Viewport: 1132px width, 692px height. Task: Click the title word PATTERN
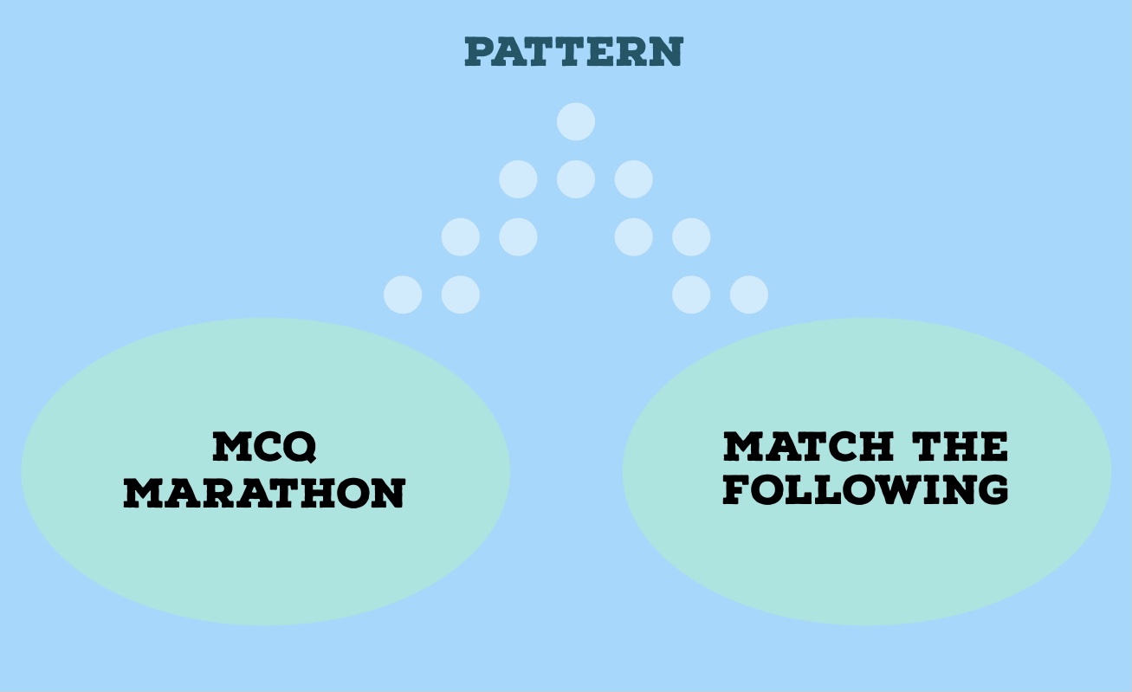[x=574, y=52]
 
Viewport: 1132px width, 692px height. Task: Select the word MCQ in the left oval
[x=264, y=447]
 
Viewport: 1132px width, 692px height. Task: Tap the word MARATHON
[x=264, y=493]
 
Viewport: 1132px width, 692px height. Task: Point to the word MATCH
[x=808, y=447]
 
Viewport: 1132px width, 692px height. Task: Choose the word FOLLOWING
[x=865, y=489]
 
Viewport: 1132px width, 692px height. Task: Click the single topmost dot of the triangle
[x=576, y=121]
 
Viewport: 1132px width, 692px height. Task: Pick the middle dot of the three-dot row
[x=576, y=179]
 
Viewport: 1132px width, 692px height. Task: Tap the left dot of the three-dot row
[x=518, y=179]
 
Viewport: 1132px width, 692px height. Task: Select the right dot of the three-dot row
[x=633, y=179]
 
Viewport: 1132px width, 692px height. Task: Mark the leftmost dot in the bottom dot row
[x=403, y=294]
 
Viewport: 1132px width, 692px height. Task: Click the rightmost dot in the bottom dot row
[x=748, y=294]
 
